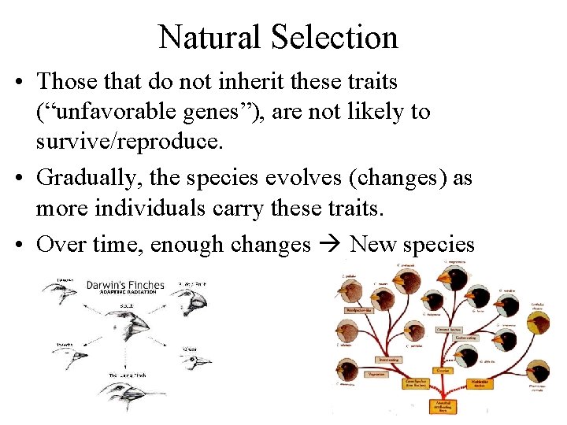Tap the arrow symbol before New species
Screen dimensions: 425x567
point(330,244)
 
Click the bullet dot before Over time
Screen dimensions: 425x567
point(21,244)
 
